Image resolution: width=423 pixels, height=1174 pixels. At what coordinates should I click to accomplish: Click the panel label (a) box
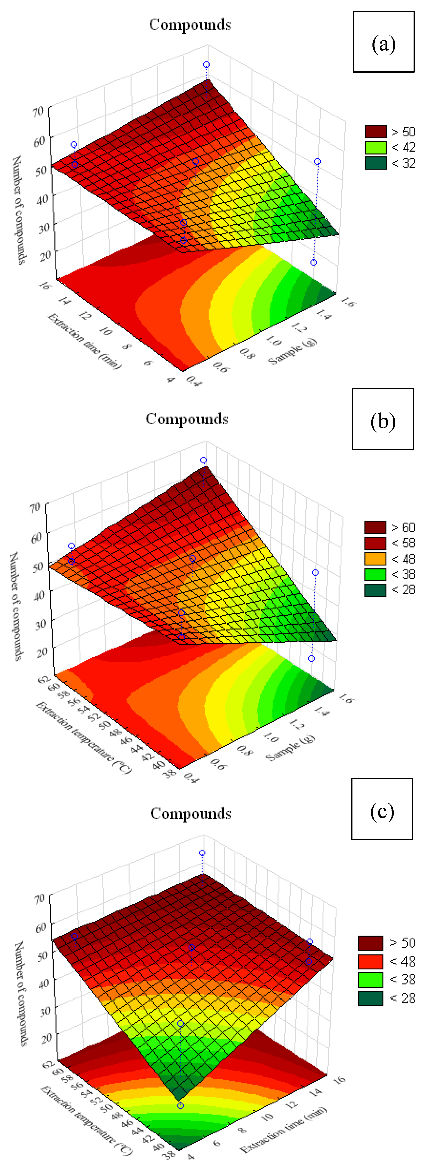tap(383, 42)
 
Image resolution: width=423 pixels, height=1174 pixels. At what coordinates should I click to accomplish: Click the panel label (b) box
tap(383, 419)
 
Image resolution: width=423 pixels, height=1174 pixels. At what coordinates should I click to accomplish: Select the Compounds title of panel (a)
tap(190, 25)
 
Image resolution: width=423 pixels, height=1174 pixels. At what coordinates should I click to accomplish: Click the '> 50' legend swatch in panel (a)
tap(375, 132)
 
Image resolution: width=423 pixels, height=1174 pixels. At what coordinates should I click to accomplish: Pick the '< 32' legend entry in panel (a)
tap(390, 163)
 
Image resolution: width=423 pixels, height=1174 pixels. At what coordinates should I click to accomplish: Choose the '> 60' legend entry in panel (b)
tap(390, 527)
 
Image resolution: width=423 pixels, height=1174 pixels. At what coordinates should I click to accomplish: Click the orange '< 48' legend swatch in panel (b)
tap(375, 559)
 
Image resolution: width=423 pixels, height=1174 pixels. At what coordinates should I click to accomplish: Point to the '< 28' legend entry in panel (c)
tap(387, 998)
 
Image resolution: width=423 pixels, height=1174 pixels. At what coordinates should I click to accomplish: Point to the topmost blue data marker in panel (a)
tap(206, 65)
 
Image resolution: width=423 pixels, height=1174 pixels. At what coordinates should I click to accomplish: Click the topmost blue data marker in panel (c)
tap(202, 853)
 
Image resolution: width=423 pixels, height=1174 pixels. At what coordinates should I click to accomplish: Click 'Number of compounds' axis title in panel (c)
tap(20, 993)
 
